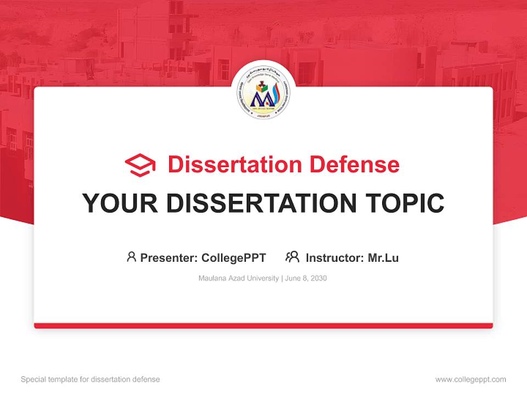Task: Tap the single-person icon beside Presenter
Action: pos(131,257)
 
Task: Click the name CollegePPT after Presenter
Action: pos(234,257)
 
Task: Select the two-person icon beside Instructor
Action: pos(292,257)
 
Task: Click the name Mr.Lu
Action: pos(383,257)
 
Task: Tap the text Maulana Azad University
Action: pos(239,278)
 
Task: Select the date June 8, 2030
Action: pos(306,278)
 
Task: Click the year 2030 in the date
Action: pos(318,278)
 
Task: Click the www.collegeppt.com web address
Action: pos(470,380)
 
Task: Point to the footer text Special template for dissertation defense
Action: pos(91,380)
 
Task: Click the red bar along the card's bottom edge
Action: pos(263,326)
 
